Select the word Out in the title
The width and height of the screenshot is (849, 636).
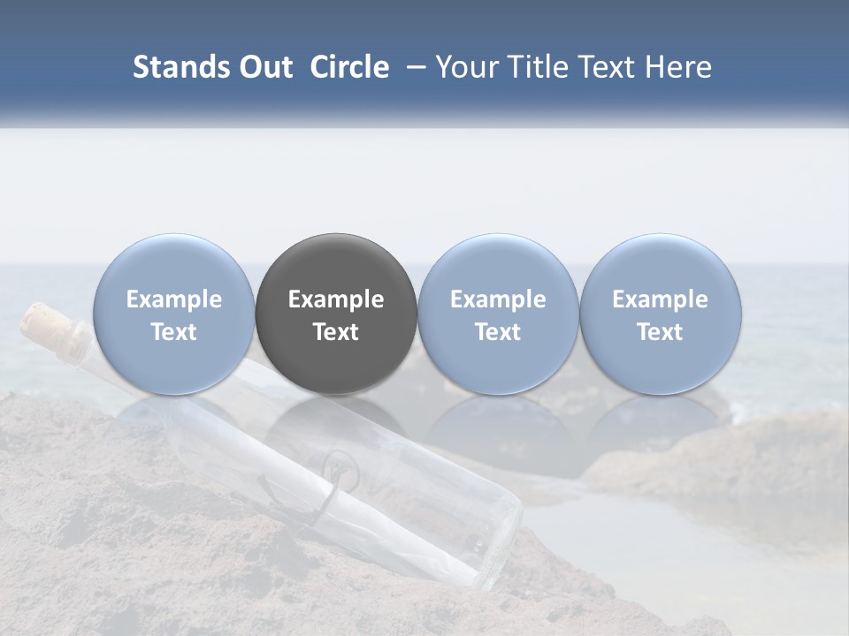coord(264,67)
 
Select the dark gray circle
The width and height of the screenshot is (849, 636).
coord(336,314)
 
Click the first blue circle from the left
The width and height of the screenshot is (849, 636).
coord(173,314)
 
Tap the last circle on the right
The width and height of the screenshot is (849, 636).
coord(660,314)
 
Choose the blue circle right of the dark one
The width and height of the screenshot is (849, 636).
coord(498,314)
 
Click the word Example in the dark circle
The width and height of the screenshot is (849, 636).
coord(336,299)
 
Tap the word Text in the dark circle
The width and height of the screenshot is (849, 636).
coord(336,332)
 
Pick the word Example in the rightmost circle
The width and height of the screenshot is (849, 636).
coord(660,299)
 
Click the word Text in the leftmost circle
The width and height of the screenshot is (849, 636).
coord(173,332)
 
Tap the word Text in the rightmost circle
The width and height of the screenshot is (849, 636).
coord(660,332)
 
